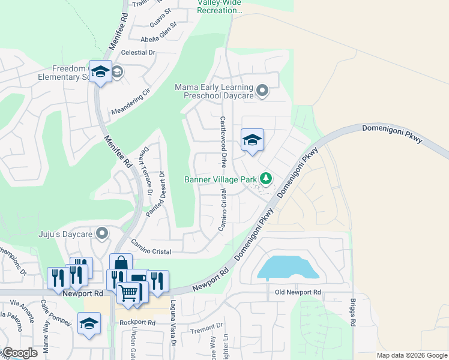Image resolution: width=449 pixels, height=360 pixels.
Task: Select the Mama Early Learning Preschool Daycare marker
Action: pos(262,91)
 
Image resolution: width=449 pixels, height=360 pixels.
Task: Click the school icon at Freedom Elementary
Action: pos(100,71)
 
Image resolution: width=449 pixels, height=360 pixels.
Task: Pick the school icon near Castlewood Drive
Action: pos(253,140)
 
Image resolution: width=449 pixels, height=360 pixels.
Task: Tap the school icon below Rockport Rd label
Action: pos(89,323)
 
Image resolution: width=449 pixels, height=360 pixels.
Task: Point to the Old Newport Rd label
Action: pos(298,292)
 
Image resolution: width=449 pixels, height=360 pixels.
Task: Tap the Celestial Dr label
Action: pos(138,53)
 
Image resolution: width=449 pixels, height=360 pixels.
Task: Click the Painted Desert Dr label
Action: pos(155,194)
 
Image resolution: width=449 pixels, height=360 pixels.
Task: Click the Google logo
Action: pos(19,353)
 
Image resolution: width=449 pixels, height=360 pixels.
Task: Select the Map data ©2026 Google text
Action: pos(412,355)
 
